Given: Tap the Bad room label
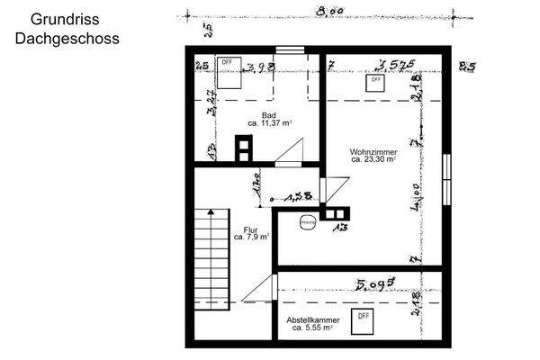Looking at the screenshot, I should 268,115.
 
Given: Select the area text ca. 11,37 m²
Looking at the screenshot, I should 269,123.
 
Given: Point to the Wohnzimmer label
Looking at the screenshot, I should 373,152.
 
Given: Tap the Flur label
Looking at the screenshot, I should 250,229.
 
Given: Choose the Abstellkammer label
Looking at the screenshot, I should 312,320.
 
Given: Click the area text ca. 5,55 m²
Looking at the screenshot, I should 312,328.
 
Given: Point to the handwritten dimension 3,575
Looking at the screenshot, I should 395,65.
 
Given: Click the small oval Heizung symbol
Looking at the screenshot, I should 307,221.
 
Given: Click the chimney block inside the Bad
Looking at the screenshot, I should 244,148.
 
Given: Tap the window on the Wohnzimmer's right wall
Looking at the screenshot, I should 446,179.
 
